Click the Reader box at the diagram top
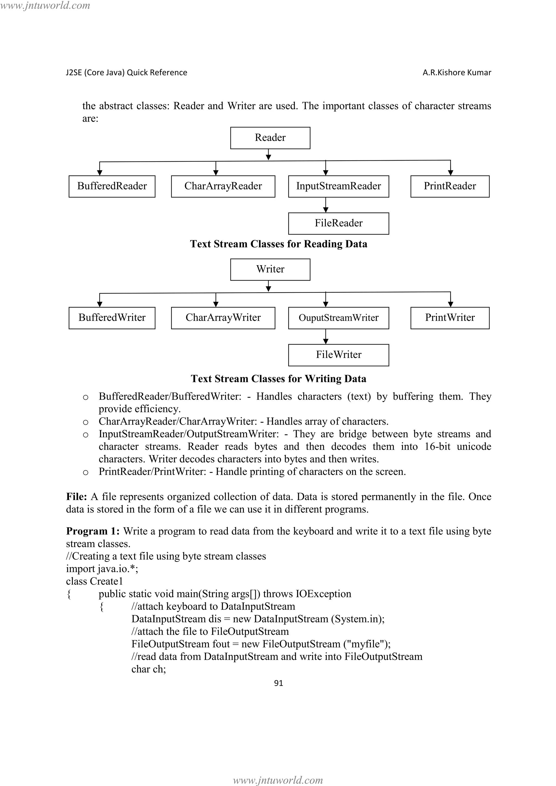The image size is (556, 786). (270, 138)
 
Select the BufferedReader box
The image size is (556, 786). (112, 186)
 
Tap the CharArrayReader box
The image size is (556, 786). (223, 186)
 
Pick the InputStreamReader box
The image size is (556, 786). (338, 186)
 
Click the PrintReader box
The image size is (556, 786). (450, 186)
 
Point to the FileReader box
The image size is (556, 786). (338, 223)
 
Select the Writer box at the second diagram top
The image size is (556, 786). (270, 270)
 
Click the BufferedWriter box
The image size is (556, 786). (112, 318)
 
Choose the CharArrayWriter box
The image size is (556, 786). (223, 318)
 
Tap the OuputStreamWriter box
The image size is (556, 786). (338, 318)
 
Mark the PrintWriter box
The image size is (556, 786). (450, 318)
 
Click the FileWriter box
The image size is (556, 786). (338, 355)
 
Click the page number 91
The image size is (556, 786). (278, 683)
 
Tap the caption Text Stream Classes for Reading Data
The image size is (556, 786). (278, 244)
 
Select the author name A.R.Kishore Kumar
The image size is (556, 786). (456, 72)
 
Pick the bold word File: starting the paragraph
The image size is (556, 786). (76, 497)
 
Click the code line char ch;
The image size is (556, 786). (149, 669)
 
